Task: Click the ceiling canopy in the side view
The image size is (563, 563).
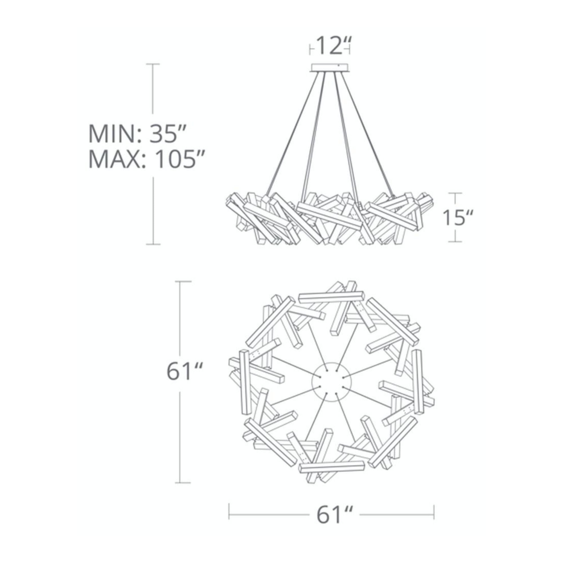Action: click(330, 68)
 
